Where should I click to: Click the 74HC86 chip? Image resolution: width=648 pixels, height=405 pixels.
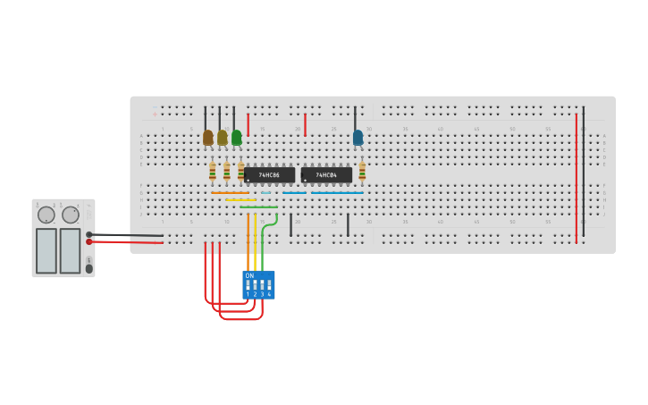(x=269, y=174)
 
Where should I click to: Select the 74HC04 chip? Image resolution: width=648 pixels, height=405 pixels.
(x=326, y=174)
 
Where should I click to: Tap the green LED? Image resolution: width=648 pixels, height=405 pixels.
(x=236, y=138)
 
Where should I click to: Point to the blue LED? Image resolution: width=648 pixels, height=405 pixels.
(x=358, y=138)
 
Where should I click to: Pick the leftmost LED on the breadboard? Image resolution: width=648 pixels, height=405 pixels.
(x=207, y=138)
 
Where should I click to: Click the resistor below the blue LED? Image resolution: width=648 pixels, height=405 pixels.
(x=362, y=171)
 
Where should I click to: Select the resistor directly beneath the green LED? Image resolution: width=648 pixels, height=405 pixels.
(x=240, y=171)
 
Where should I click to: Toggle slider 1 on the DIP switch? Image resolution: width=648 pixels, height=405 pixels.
(x=248, y=285)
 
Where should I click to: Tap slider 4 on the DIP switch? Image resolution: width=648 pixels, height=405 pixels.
(x=269, y=285)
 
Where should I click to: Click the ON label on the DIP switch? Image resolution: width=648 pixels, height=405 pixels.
(x=249, y=275)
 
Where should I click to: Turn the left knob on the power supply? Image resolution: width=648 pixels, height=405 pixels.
(x=46, y=215)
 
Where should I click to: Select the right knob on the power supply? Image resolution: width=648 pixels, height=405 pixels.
(x=71, y=215)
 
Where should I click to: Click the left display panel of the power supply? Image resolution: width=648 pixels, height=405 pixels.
(x=46, y=250)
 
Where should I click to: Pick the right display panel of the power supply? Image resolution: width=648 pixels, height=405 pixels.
(x=70, y=250)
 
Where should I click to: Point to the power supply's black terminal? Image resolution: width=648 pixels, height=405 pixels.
(x=88, y=234)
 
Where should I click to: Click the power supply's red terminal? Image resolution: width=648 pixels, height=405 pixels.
(x=88, y=241)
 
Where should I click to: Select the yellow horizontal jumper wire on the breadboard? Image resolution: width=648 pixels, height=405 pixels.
(x=240, y=199)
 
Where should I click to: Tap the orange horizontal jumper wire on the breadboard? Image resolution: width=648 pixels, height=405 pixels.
(x=230, y=192)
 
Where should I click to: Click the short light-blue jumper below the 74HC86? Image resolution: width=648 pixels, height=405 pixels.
(x=265, y=192)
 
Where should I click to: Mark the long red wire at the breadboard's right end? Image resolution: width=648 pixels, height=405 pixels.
(x=576, y=179)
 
